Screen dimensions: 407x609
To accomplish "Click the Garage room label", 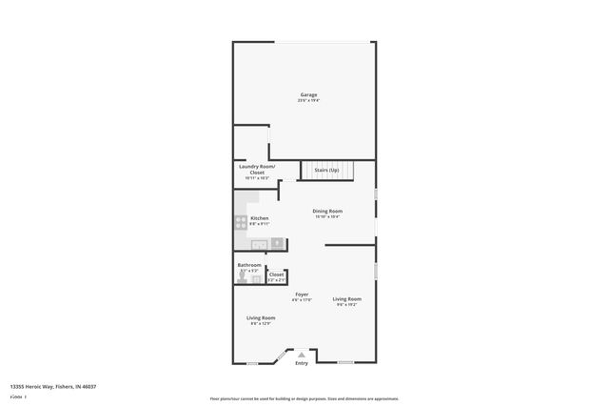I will [x=308, y=94].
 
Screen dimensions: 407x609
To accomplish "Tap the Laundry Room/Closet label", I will [x=257, y=169].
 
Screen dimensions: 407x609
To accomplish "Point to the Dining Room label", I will [x=327, y=211].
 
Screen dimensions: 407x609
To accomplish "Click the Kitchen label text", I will [x=259, y=218].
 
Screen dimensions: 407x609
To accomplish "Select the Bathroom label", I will [x=248, y=265].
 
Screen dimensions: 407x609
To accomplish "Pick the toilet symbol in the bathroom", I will [x=240, y=278].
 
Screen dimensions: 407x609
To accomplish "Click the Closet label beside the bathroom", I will [x=276, y=275].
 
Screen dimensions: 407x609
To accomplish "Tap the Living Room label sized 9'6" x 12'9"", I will [x=261, y=317].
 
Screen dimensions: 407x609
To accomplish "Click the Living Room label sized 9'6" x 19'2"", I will [x=346, y=299].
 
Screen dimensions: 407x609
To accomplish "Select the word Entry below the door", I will [x=302, y=363].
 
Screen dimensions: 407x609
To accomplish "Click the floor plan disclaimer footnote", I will [x=304, y=398].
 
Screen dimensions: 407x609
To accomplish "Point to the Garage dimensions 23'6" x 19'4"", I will [x=308, y=100].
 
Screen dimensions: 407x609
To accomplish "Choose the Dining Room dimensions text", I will [x=327, y=216].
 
